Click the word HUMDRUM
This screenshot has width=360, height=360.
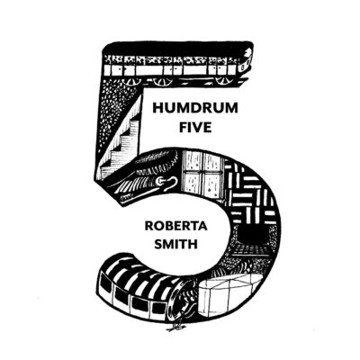tap(195, 108)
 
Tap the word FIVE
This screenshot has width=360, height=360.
tap(195, 127)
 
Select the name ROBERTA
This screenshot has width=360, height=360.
tap(175, 226)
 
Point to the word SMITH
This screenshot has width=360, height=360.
tap(175, 244)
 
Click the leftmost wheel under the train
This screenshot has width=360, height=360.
tap(130, 81)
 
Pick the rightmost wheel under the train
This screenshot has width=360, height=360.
tap(221, 81)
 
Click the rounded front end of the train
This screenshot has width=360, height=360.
tap(245, 61)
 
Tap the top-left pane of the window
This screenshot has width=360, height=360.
tap(192, 161)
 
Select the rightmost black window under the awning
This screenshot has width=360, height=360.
tap(157, 308)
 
